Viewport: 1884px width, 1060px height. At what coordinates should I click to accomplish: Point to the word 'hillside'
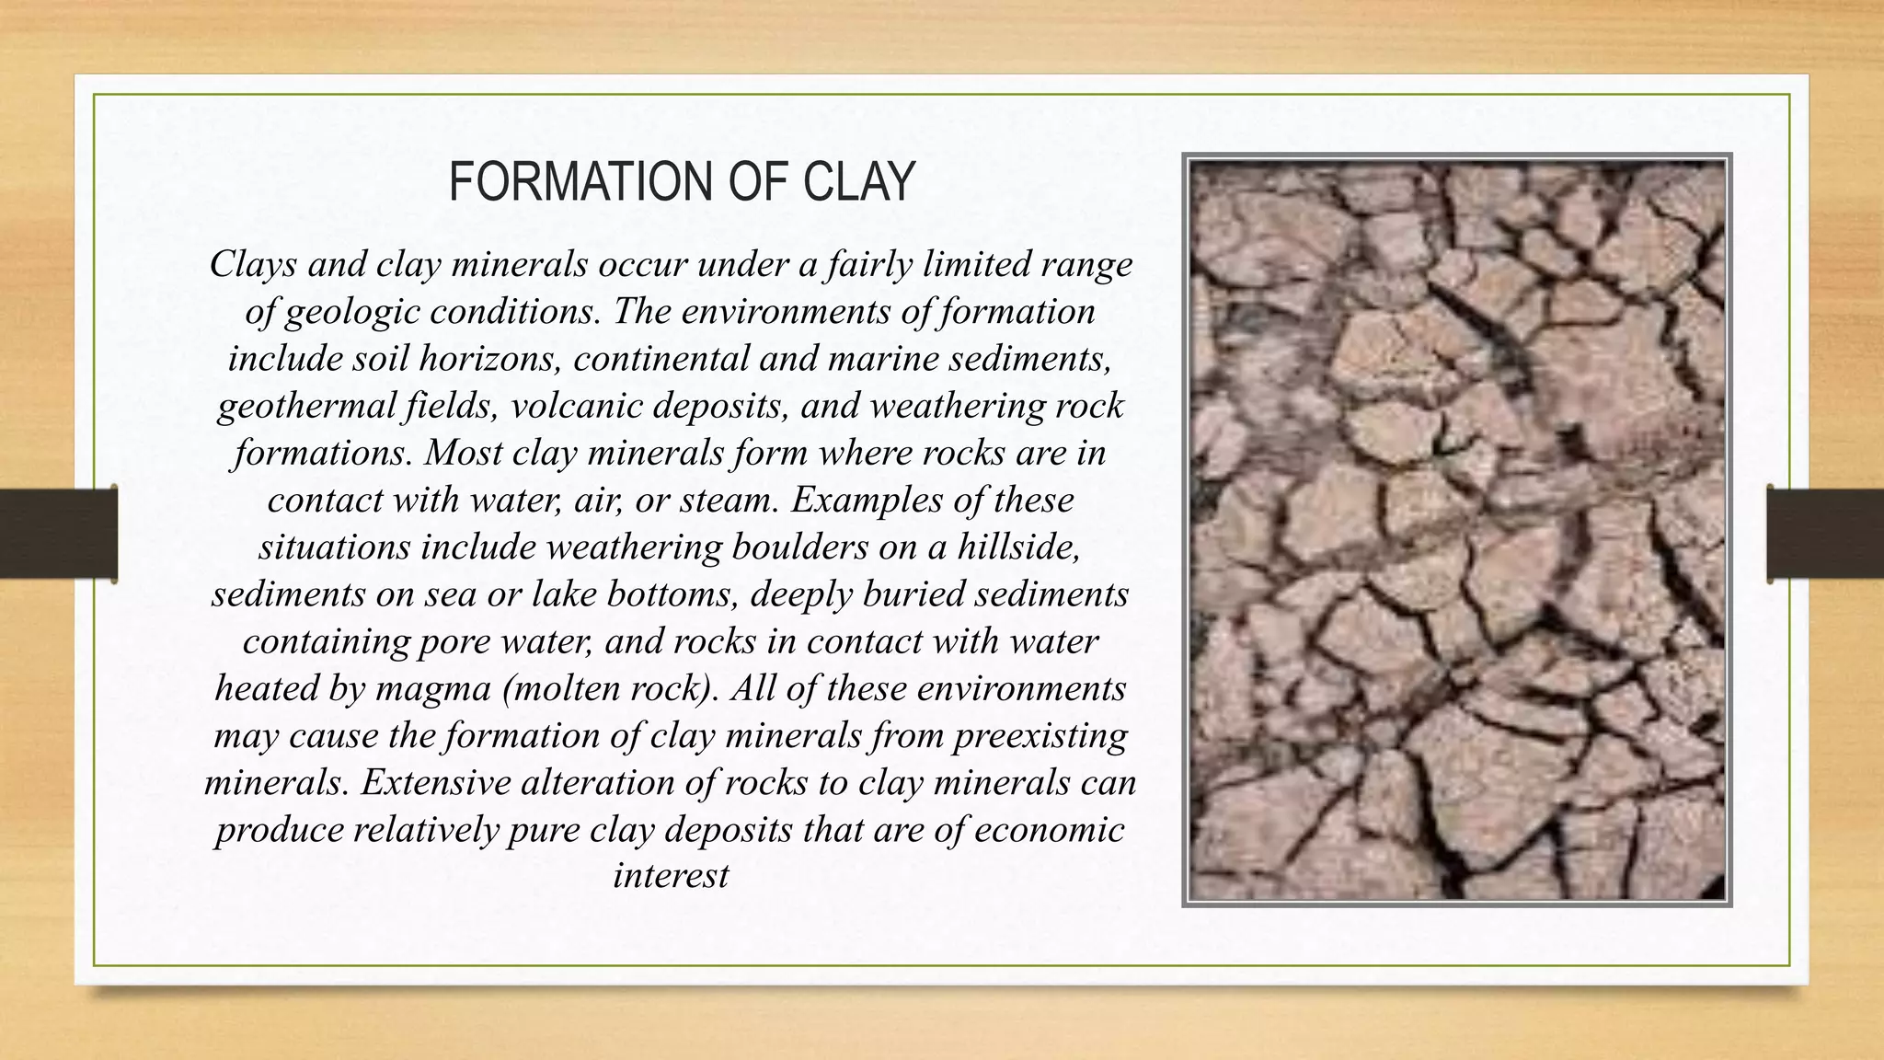pos(1018,547)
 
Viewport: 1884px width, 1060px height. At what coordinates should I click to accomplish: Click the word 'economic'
pos(1049,830)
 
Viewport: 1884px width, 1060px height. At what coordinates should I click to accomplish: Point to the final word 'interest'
pos(671,875)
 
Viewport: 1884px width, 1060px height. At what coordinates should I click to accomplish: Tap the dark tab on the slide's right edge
pos(1825,534)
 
